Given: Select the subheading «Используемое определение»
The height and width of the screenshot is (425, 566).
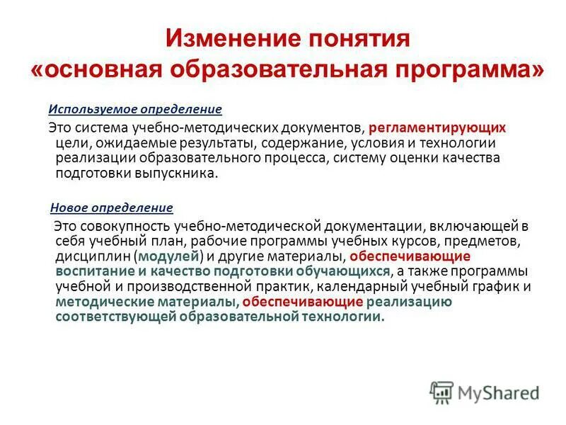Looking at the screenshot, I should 134,110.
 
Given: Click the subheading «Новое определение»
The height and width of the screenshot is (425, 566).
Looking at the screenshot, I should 112,208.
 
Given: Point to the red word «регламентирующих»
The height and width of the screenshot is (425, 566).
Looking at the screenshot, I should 446,128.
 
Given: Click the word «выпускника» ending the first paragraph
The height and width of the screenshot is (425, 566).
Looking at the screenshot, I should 181,173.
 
